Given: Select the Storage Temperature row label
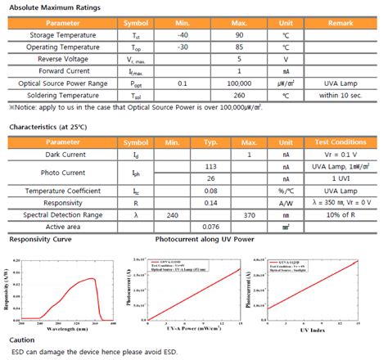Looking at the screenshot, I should (63, 35).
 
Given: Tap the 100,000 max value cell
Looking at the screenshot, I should (238, 83).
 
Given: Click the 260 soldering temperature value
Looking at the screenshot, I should (238, 95).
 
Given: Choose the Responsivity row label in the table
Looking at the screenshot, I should (63, 202).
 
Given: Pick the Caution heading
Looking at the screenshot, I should (22, 339).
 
